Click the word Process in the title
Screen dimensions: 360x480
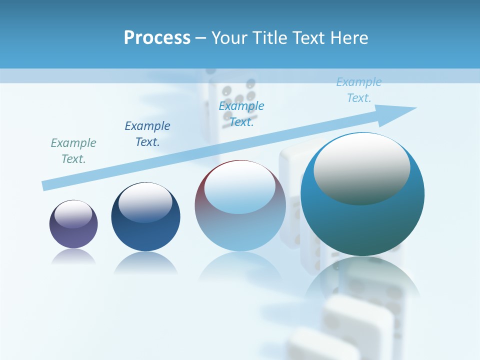[157, 38]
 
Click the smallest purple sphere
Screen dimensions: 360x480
[73, 224]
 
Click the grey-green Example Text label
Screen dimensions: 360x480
[73, 151]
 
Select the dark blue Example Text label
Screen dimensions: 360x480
[147, 134]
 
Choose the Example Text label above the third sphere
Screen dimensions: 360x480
[241, 114]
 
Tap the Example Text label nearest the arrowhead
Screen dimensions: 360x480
[359, 90]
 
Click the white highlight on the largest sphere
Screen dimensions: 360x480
[362, 170]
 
